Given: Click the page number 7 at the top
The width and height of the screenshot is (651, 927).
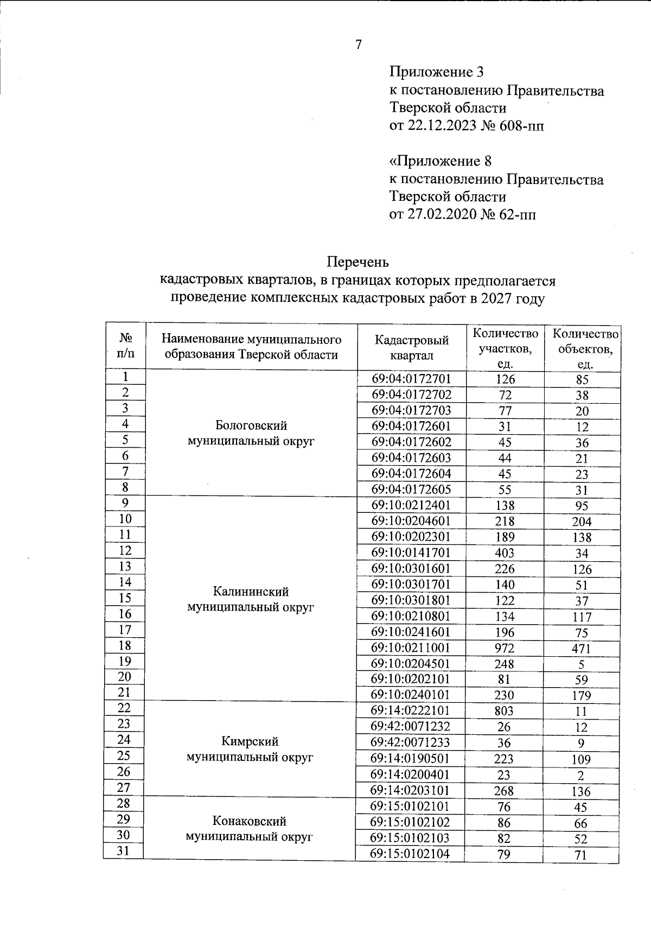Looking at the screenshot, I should [x=359, y=45].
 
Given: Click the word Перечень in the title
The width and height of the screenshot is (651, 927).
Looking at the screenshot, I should [x=358, y=262].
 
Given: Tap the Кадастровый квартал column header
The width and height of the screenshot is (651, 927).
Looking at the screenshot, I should [x=411, y=347].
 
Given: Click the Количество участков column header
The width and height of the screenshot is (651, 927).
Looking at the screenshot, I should [x=505, y=348].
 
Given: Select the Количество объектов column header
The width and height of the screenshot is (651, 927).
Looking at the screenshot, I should [x=584, y=348].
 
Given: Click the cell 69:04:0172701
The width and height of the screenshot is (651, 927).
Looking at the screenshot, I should [x=411, y=379].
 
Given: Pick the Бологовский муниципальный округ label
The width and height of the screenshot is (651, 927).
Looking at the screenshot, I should [x=251, y=433].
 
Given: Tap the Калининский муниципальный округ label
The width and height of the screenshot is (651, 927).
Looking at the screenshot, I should [x=251, y=599].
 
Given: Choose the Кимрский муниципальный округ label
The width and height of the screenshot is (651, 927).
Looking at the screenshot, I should [x=250, y=749].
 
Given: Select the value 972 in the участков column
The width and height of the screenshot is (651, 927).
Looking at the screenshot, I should [x=505, y=648].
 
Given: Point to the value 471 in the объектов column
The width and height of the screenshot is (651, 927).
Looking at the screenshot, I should [x=581, y=649].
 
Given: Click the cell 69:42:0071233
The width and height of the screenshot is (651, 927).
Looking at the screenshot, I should [x=411, y=742].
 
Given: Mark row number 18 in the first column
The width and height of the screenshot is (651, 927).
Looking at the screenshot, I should [x=125, y=645].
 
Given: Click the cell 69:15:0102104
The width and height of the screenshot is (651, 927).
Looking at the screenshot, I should [x=411, y=854].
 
